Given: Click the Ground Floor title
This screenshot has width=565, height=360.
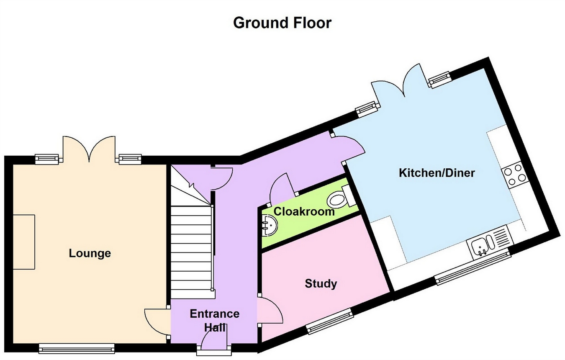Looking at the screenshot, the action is click(x=282, y=23).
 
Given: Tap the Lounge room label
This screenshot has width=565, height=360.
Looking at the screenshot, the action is click(x=90, y=253).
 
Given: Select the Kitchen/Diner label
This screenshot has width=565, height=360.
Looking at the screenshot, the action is click(x=437, y=173).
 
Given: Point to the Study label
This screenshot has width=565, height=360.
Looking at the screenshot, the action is click(x=321, y=283).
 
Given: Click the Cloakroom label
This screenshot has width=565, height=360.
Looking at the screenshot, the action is click(x=304, y=211).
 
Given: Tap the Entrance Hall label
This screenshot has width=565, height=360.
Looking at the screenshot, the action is click(x=215, y=321).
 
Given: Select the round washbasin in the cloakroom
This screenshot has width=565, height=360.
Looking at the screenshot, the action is click(x=270, y=225).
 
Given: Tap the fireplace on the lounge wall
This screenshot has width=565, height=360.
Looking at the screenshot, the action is click(x=24, y=242).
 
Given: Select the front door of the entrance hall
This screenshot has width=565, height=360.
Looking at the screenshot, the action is click(x=214, y=338).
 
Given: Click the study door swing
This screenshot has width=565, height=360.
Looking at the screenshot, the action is click(x=270, y=310).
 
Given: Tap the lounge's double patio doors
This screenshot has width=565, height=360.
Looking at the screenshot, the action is click(x=89, y=149).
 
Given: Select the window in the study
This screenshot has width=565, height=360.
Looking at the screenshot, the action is click(x=330, y=321).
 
